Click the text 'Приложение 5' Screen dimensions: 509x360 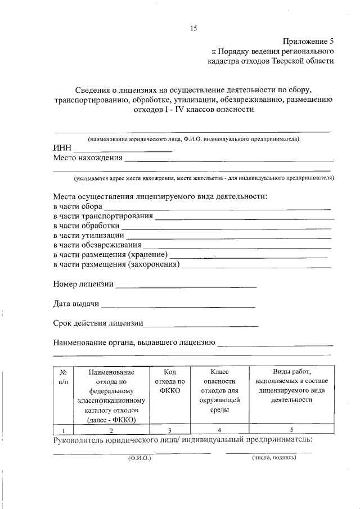pyautogui.click(x=308, y=41)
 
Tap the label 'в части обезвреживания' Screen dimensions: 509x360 pyautogui.click(x=97, y=245)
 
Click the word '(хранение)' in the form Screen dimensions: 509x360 pyautogui.click(x=147, y=255)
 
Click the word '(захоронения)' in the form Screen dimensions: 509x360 pyautogui.click(x=154, y=264)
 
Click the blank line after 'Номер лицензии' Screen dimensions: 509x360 pyautogui.click(x=186, y=287)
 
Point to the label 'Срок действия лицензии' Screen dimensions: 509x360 pyautogui.click(x=98, y=323)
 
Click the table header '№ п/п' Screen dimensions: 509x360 pyautogui.click(x=63, y=377)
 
